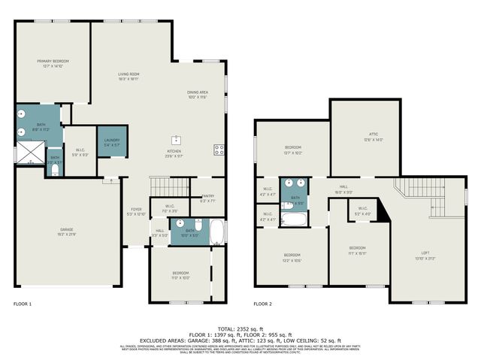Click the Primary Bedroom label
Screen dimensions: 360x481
(x=53, y=63)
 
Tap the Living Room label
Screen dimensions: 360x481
(x=128, y=76)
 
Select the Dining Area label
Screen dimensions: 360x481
(x=197, y=95)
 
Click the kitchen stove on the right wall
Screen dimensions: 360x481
(x=219, y=150)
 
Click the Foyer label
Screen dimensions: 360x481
(x=136, y=212)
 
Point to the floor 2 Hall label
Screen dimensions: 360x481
(x=343, y=189)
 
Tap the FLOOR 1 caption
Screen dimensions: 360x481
(x=23, y=304)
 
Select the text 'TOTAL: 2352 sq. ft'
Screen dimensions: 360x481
(x=240, y=328)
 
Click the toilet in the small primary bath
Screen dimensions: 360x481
(x=55, y=171)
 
